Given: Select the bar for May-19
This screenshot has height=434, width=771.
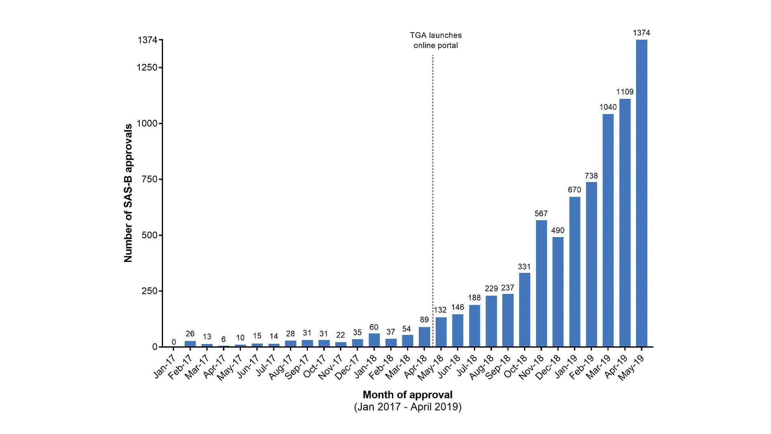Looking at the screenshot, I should coord(641,193).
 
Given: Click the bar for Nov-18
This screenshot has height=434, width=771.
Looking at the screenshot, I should coord(541,283).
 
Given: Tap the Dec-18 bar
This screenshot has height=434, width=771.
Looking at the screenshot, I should coord(558,292).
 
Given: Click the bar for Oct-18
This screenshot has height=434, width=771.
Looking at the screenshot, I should coord(524,309).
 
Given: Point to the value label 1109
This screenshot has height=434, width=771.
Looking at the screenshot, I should coord(625,92).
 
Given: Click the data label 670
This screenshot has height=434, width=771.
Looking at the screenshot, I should coord(575,190).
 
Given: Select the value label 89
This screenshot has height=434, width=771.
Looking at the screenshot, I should coord(424,320).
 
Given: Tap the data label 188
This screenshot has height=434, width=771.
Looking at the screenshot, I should coord(474,298).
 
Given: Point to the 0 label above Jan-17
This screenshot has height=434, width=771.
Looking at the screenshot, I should coord(173,342).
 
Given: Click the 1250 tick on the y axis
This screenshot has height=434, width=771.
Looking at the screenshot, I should coord(147,68).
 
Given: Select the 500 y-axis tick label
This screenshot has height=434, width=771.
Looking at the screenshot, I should coord(149,235).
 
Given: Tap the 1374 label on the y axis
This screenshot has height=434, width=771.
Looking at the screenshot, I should coord(147,40).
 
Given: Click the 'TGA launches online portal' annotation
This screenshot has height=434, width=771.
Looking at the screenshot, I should coord(436,40).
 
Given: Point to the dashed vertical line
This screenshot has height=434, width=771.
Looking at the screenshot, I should coord(432,201).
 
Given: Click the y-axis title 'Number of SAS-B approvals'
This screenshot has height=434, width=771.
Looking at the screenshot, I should coord(128,193).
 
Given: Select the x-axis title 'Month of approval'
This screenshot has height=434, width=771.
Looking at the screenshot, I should coord(407,395).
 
